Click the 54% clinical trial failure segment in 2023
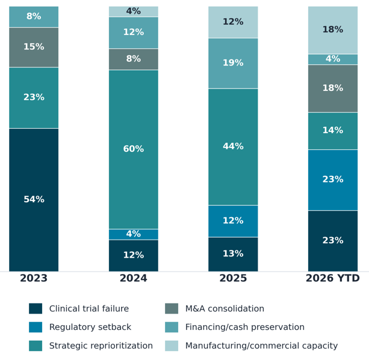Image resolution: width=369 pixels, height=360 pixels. point(34,200)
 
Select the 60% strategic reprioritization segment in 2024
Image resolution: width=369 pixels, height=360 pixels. point(134,149)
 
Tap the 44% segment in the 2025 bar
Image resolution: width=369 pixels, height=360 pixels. point(233,147)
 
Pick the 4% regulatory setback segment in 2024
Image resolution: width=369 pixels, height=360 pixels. point(134,234)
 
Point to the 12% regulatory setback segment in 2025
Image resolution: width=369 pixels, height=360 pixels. point(233,221)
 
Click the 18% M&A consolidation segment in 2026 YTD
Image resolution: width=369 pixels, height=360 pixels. point(333,88)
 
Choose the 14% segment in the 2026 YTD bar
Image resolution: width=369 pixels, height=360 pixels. point(333,131)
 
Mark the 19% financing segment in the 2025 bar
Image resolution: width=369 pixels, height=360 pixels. point(233,63)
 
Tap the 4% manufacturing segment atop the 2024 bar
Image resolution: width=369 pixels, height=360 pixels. point(134,11)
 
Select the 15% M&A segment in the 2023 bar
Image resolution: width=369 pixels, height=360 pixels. point(34,48)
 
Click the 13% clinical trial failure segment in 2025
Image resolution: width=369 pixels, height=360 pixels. point(233,255)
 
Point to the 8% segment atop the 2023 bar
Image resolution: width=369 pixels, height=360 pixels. point(34,17)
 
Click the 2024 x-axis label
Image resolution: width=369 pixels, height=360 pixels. point(134,278)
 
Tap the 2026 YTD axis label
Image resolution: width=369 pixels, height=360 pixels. point(333,278)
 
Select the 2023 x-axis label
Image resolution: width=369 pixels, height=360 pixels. point(34,278)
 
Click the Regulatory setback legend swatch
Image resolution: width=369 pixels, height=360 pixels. point(36,327)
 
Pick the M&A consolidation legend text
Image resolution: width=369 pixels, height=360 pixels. point(225,308)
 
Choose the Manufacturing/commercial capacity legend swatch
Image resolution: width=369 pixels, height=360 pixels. point(172,346)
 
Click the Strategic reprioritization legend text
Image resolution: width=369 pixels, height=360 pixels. point(101,346)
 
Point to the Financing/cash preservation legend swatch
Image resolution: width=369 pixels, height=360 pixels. point(172,327)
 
